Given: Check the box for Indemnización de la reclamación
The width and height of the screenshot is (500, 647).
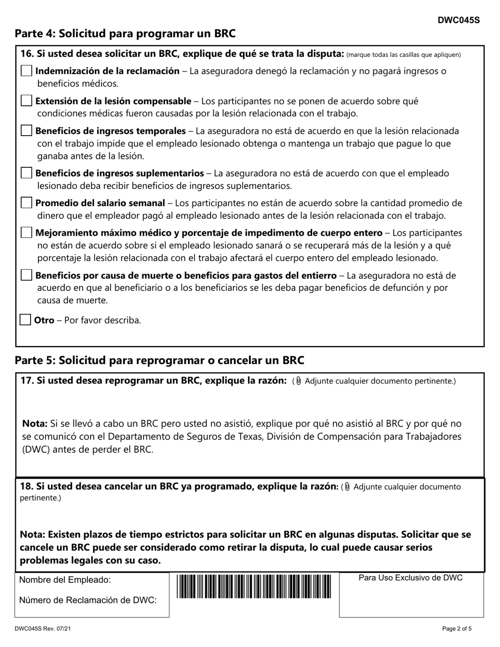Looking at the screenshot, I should click(26, 71).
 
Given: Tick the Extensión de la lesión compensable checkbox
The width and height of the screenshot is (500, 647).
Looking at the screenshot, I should click(26, 101).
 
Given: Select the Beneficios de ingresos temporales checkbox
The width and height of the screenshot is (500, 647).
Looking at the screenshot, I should click(26, 130).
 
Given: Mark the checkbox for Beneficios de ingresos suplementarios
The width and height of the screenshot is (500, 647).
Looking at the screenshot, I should click(26, 173).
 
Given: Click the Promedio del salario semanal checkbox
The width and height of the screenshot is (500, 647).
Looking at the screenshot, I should click(26, 203).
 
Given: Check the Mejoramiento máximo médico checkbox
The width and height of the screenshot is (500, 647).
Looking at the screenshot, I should click(26, 232).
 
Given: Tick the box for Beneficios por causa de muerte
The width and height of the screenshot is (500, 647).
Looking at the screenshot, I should click(26, 275).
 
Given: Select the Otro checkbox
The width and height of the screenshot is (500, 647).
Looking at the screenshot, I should click(25, 320).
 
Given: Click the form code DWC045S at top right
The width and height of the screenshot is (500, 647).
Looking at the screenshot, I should click(458, 21).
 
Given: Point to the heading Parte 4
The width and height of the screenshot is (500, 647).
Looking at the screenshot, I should click(125, 34).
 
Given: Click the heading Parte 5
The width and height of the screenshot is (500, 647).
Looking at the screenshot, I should click(159, 360).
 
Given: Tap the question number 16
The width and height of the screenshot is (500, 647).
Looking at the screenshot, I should click(26, 54).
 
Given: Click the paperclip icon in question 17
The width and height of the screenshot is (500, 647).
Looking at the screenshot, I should click(299, 381).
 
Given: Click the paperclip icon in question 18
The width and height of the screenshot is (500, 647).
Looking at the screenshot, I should click(347, 487).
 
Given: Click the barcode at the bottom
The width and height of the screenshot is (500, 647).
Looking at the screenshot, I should click(254, 587).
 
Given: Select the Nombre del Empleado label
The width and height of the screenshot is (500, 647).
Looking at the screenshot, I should click(65, 580).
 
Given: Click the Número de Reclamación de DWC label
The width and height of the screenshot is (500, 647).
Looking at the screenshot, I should click(88, 600).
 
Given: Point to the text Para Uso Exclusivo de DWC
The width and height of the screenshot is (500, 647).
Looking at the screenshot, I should click(411, 578).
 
